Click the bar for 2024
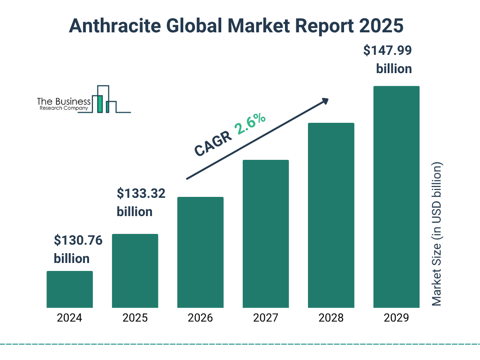[x=69, y=289]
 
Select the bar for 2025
[x=135, y=271]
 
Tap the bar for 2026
[x=200, y=252]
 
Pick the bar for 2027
[x=266, y=234]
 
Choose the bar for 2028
[x=331, y=215]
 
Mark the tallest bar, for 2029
[x=396, y=197]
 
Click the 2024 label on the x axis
[x=69, y=318]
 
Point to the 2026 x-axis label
[x=200, y=318]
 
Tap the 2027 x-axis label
[x=266, y=318]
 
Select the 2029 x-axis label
[x=396, y=318]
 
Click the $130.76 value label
[x=78, y=241]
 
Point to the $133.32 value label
[x=141, y=193]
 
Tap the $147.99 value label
[x=388, y=51]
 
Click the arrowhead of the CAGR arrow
[x=324, y=101]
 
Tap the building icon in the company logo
[x=105, y=100]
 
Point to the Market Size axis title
[x=437, y=234]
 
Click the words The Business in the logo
[x=64, y=102]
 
